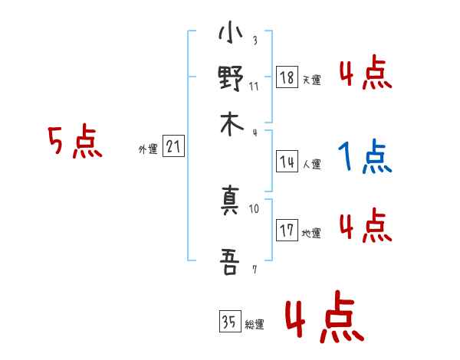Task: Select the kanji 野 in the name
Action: click(x=231, y=79)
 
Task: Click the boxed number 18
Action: click(x=287, y=77)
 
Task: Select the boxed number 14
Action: click(x=287, y=161)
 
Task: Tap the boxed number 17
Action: click(x=287, y=230)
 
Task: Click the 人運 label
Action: click(x=311, y=163)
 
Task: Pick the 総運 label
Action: click(x=254, y=325)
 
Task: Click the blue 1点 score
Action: click(x=364, y=158)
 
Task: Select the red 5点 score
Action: click(x=75, y=143)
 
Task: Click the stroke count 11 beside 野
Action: click(x=254, y=86)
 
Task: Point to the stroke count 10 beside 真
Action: click(x=254, y=208)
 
